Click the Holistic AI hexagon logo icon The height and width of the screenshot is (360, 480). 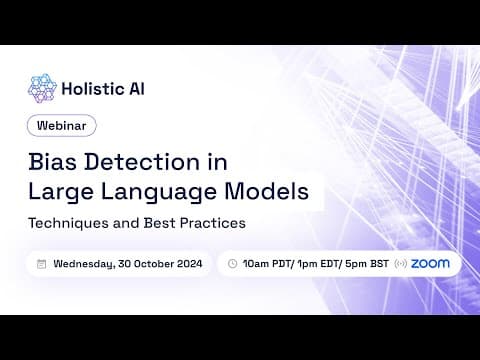(42, 88)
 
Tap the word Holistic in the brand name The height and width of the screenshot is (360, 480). (88, 89)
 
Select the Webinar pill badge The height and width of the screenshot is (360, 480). (62, 125)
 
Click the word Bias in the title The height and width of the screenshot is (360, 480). (53, 162)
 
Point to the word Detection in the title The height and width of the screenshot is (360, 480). (142, 162)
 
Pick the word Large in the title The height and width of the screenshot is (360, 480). (61, 192)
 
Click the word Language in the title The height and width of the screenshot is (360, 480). (159, 192)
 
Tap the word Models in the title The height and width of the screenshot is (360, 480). (267, 191)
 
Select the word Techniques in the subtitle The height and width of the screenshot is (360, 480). (68, 223)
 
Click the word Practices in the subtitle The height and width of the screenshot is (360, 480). (213, 223)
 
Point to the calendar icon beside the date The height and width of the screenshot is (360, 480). (41, 264)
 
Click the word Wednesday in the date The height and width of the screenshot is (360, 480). (84, 264)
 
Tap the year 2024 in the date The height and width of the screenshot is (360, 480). (189, 264)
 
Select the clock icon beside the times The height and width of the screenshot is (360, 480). (232, 264)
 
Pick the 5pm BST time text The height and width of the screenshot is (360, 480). (367, 264)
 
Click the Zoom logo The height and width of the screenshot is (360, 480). (430, 264)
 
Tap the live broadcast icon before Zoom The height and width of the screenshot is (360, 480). (400, 264)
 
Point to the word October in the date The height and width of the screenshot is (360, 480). (154, 264)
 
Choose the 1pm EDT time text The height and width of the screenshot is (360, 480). (318, 264)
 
